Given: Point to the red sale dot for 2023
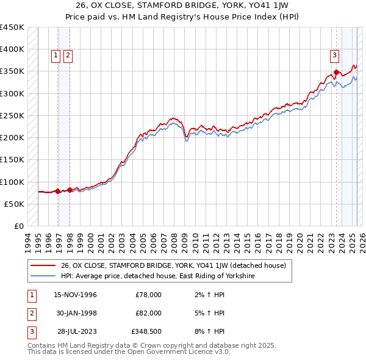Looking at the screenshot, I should (x=336, y=73).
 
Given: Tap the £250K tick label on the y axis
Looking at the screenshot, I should (x=12, y=115).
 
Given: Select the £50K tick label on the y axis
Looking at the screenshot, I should (x=15, y=204).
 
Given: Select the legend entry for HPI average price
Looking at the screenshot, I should (x=157, y=276).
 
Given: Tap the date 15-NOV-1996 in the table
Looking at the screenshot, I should (x=76, y=295).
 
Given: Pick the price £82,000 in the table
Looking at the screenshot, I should (x=148, y=314).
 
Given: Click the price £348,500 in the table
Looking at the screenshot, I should (x=146, y=332).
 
